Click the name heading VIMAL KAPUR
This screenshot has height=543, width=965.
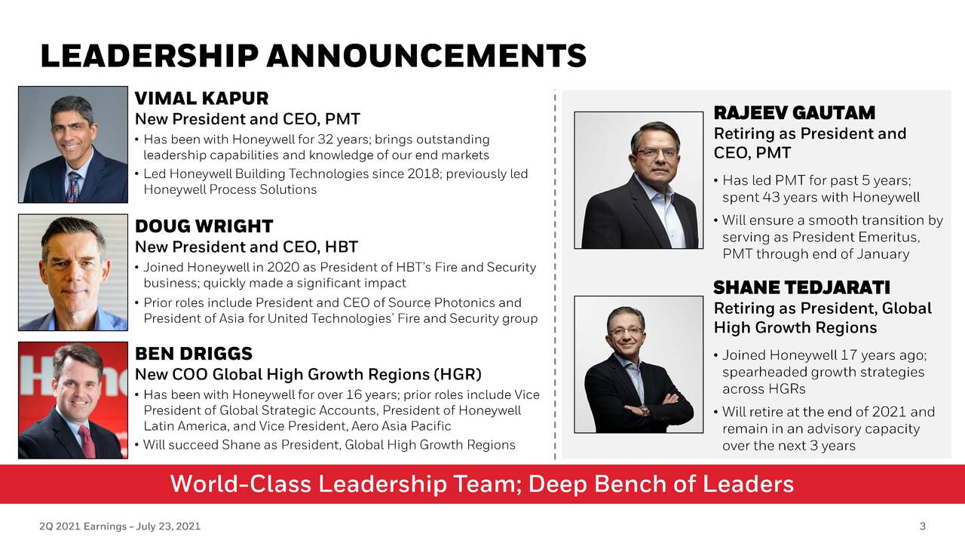pos(201,99)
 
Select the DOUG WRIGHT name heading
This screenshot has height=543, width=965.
pos(204,226)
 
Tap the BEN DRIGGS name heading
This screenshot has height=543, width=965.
pos(194,354)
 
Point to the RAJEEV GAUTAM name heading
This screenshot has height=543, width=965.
pos(795,113)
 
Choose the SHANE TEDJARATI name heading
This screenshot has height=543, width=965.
pos(801,287)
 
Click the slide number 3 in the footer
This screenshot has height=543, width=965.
pos(922,526)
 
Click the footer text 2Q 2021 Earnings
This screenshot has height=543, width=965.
pos(83,526)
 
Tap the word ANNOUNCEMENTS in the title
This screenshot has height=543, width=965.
pos(427,56)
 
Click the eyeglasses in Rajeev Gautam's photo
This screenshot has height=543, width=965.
pos(657,152)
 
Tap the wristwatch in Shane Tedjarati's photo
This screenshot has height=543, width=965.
pos(645,410)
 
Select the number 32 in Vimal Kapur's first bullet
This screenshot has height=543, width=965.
pos(325,140)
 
